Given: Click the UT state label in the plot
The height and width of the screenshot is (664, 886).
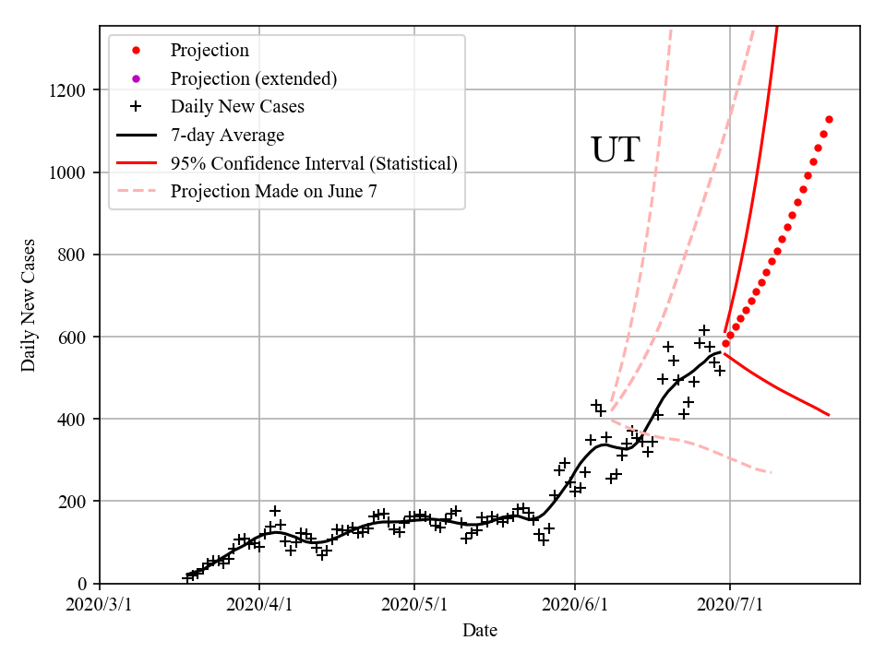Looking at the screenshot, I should [615, 150].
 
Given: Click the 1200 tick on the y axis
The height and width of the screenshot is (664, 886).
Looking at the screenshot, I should [70, 90].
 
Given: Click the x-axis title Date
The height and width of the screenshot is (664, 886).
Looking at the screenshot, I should [480, 631].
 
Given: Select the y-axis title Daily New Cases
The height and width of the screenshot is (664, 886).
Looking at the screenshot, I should [29, 305].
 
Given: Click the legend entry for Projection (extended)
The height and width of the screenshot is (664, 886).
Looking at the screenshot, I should [253, 78].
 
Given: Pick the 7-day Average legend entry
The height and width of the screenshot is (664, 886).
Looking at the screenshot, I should [227, 135].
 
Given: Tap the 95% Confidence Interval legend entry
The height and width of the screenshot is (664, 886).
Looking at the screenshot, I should [314, 163].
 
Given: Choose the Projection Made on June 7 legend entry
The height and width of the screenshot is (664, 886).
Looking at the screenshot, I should [273, 192].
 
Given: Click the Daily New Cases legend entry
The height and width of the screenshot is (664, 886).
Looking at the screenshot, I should [237, 106].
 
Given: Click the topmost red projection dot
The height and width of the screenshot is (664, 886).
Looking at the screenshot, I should [829, 119].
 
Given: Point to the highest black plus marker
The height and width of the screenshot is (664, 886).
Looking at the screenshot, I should [704, 330].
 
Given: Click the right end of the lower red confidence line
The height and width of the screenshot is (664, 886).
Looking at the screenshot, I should [829, 415].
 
